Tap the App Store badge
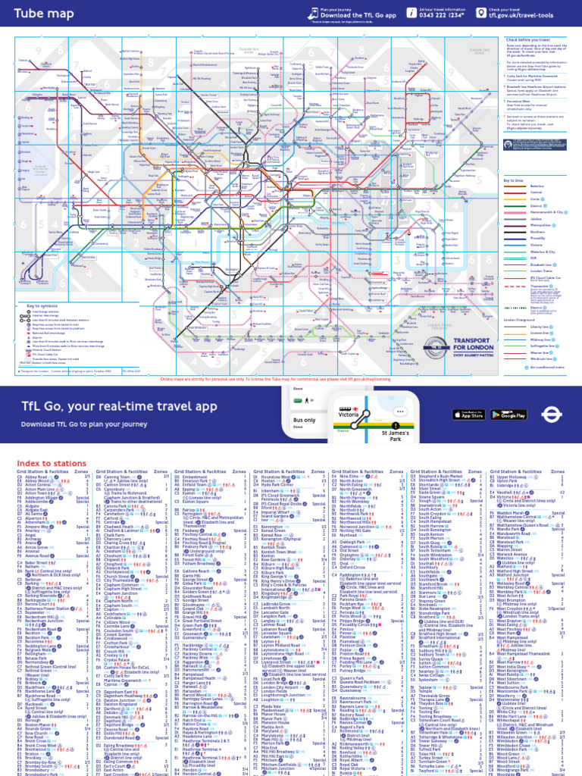click(468, 414)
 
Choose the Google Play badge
click(509, 414)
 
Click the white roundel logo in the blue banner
click(550, 414)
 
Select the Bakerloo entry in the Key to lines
click(530, 185)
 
